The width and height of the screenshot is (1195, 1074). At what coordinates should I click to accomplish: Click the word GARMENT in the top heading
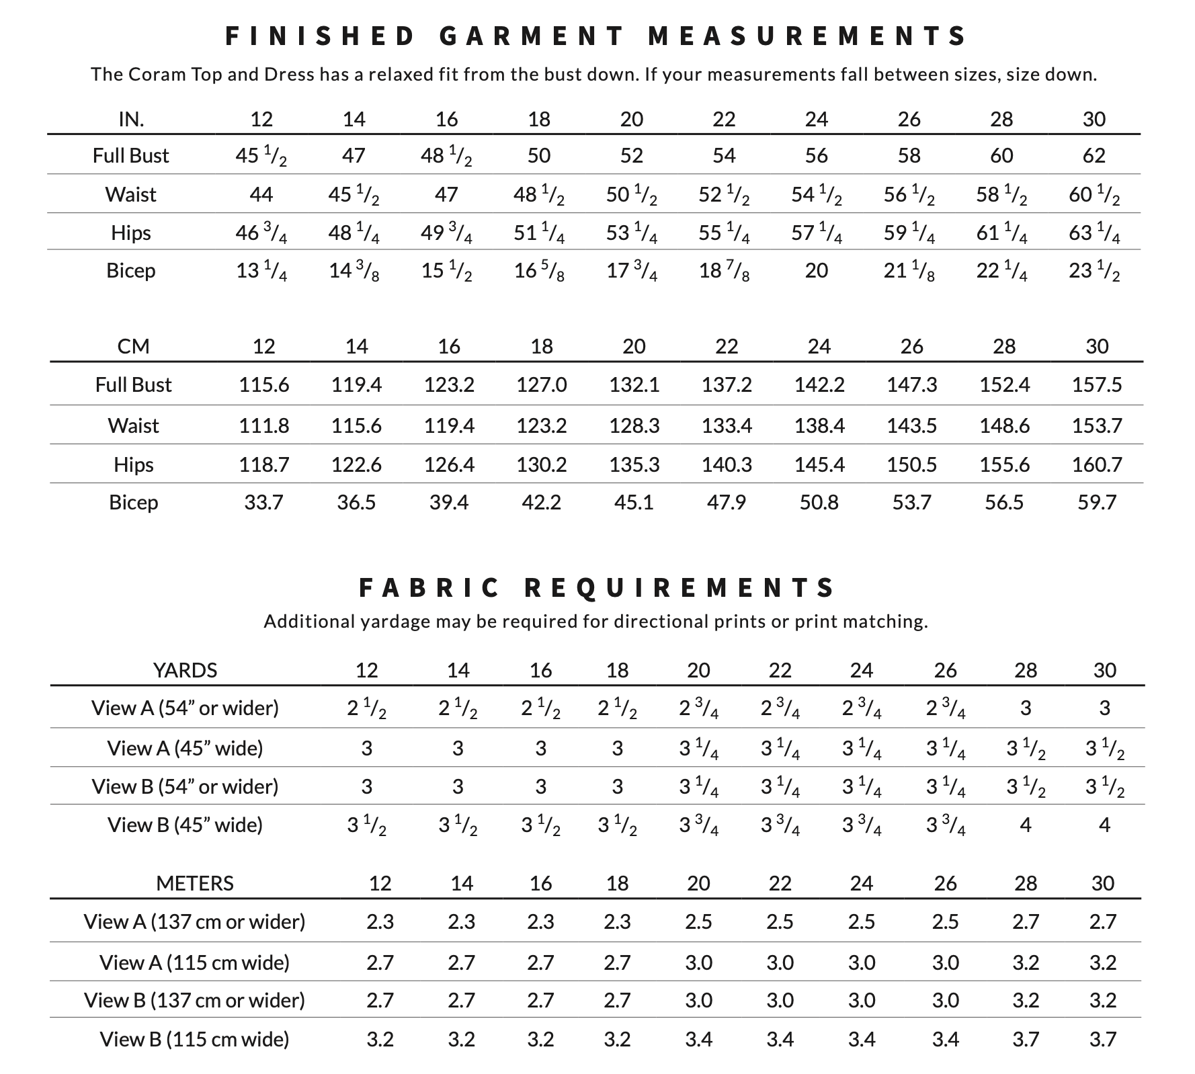click(x=532, y=36)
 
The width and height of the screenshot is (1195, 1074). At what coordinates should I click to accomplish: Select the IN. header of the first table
click(x=131, y=119)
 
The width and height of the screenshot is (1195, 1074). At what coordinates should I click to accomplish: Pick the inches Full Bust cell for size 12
click(x=261, y=156)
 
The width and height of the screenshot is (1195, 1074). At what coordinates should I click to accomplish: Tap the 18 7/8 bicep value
click(x=724, y=271)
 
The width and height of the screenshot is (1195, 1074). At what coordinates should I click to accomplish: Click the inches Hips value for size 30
click(x=1094, y=233)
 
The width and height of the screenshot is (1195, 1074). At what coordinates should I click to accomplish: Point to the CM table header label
click(x=133, y=346)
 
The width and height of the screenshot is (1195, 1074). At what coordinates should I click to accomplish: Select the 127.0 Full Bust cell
click(x=542, y=384)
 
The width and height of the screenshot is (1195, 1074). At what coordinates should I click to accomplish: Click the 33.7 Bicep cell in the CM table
click(x=263, y=502)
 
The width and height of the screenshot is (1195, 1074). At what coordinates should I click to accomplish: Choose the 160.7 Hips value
click(x=1097, y=464)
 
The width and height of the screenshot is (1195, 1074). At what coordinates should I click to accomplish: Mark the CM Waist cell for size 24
click(x=819, y=425)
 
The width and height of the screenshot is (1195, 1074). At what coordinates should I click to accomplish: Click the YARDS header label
click(x=185, y=670)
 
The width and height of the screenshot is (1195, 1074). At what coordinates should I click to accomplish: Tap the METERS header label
click(x=195, y=882)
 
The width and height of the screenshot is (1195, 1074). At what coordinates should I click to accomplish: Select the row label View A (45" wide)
click(x=185, y=748)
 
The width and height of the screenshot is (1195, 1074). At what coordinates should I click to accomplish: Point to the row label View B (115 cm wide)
click(x=194, y=1039)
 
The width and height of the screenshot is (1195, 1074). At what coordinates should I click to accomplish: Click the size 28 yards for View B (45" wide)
click(x=1026, y=825)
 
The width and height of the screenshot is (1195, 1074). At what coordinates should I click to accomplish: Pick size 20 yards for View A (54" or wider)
click(x=698, y=708)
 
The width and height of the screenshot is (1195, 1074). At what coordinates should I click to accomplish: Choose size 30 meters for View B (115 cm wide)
click(x=1103, y=1039)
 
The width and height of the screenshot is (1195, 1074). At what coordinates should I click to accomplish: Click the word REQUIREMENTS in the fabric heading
click(x=679, y=588)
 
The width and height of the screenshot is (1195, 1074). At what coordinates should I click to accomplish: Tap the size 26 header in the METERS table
click(x=945, y=882)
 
